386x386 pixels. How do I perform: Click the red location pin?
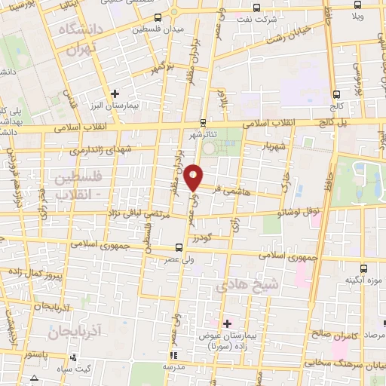click(195, 176)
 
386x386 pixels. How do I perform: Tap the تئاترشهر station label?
click(202, 134)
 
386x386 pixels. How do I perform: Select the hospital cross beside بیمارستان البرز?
click(115, 94)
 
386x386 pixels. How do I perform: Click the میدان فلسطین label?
click(158, 29)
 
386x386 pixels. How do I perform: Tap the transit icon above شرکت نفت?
click(257, 8)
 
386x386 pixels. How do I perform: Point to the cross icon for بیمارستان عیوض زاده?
click(227, 323)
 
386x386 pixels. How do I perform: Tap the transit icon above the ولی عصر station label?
click(178, 247)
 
